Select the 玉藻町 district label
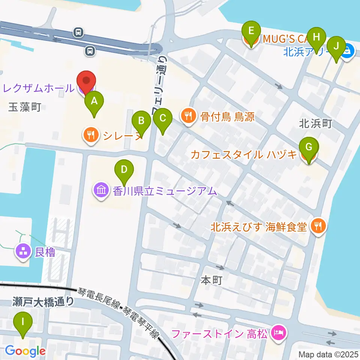pos(24,108)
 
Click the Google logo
pos(25,351)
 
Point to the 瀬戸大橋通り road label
pos(43,301)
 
